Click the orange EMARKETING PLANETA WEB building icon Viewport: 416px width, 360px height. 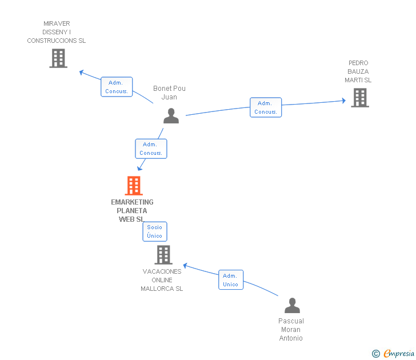pyautogui.click(x=133, y=186)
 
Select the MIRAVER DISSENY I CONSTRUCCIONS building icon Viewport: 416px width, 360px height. pyautogui.click(x=58, y=58)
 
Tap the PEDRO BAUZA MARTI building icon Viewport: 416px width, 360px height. pyautogui.click(x=359, y=98)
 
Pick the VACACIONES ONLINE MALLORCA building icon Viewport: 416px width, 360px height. pyautogui.click(x=163, y=255)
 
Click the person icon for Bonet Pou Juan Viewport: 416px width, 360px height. pyautogui.click(x=171, y=116)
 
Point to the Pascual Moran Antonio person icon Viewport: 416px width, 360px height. pyautogui.click(x=292, y=306)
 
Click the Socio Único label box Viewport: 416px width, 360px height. pyautogui.click(x=155, y=231)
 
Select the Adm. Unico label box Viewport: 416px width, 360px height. pyautogui.click(x=231, y=280)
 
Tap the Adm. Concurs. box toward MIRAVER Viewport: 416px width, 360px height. pyautogui.click(x=117, y=87)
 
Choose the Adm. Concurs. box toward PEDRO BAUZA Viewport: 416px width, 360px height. pyautogui.click(x=266, y=107)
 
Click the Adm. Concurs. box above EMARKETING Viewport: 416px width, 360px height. pyautogui.click(x=151, y=149)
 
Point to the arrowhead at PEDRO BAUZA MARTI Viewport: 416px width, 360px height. pyautogui.click(x=343, y=101)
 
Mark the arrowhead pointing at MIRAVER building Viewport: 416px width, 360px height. pyautogui.click(x=82, y=72)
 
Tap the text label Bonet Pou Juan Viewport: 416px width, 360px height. pyautogui.click(x=169, y=93)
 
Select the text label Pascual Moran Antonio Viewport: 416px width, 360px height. pyautogui.click(x=291, y=330)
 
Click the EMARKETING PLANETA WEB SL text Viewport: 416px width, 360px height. pyautogui.click(x=132, y=210)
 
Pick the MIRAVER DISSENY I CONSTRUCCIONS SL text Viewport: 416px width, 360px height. pyautogui.click(x=57, y=32)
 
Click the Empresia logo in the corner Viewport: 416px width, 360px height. pyautogui.click(x=398, y=354)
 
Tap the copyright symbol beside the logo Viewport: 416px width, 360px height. pyautogui.click(x=375, y=354)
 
